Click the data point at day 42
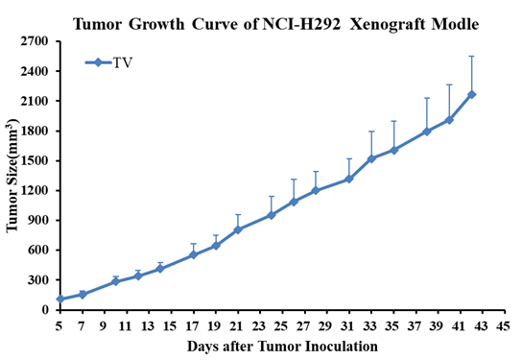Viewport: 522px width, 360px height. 471,95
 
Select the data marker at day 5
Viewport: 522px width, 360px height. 60,299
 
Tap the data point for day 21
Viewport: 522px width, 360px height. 238,229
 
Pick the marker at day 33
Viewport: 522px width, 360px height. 371,158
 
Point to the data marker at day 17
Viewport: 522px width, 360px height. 194,255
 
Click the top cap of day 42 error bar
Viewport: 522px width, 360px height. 471,57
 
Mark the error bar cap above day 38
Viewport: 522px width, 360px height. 427,98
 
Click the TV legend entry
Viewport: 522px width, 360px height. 108,62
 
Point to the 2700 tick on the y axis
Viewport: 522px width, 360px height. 58,41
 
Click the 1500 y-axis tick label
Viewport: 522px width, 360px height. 35,161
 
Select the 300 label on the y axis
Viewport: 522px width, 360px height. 38,280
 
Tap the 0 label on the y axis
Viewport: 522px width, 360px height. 45,310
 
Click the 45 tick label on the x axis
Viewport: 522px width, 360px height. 503,326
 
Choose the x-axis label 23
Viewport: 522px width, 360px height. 258,326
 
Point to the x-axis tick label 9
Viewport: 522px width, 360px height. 105,326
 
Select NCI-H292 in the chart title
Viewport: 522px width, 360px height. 301,24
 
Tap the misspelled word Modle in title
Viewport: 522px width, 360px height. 456,24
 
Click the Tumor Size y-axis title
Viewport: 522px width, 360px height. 12,176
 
